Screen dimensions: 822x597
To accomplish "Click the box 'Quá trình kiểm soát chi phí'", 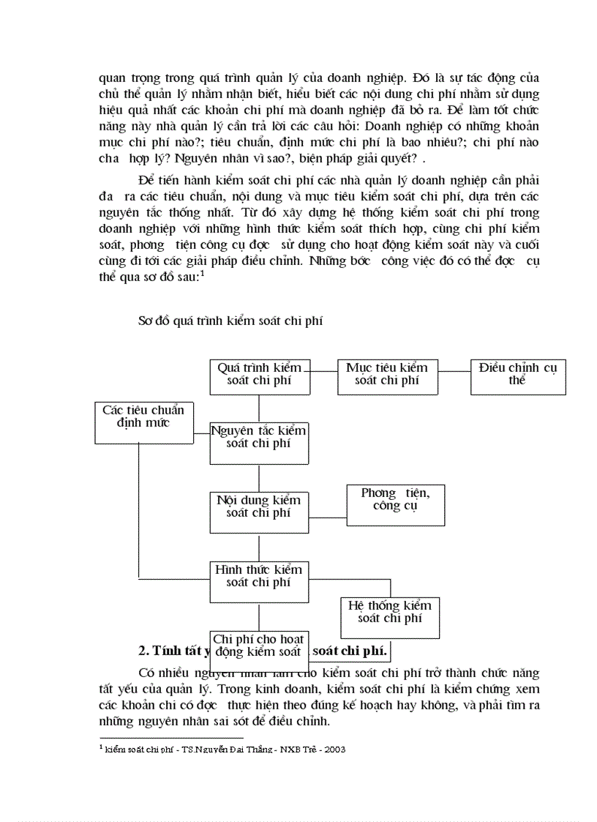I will point(260,376).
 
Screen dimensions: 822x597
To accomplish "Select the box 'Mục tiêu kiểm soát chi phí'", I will point(387,376).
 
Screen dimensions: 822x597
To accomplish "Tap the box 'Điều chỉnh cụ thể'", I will point(517,376).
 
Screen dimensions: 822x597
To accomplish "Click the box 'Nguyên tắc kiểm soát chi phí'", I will point(259,443).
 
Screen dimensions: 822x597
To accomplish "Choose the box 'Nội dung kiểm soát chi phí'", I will point(259,511).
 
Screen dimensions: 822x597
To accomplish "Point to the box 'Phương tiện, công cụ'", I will point(395,504).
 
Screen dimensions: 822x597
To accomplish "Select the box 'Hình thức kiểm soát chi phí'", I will point(259,581).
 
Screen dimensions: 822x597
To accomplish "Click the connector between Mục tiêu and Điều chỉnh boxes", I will point(454,370).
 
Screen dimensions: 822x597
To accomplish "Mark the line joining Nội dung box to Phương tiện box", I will point(328,518).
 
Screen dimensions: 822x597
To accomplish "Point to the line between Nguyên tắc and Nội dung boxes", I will point(259,477).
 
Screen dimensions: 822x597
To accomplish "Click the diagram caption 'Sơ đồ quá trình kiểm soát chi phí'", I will point(230,320).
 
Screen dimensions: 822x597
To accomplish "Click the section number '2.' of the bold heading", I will point(144,650).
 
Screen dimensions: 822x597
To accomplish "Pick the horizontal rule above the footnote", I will point(170,738).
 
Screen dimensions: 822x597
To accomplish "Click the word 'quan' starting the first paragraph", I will point(111,78).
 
